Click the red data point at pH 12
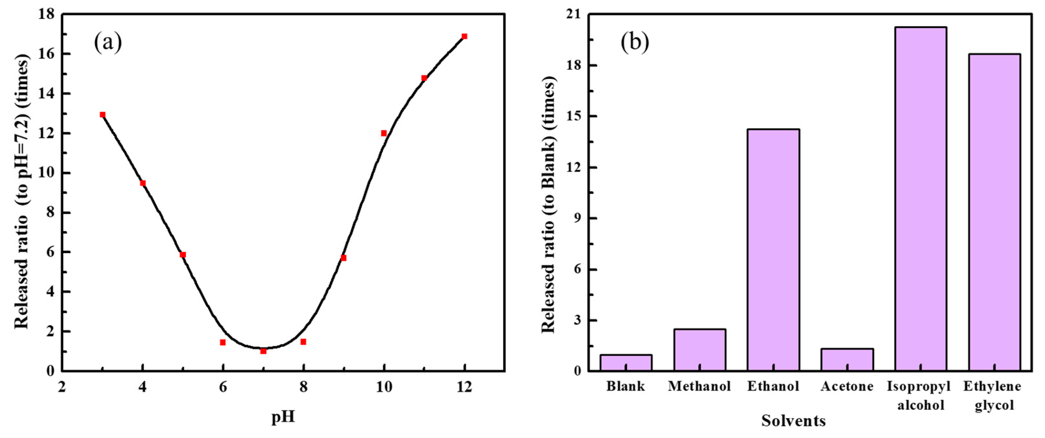(464, 37)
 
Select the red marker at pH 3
(102, 115)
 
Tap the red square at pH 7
(263, 351)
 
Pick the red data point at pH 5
(183, 255)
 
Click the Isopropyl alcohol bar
(920, 199)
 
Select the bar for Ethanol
(773, 249)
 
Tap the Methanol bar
(700, 349)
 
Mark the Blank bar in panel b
(626, 362)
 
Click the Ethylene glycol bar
(994, 212)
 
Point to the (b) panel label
(635, 42)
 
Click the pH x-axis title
(283, 417)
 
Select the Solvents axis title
(794, 421)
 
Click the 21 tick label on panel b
(573, 15)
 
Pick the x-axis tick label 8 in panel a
(304, 387)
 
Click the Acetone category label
(847, 386)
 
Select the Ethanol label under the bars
(773, 386)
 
